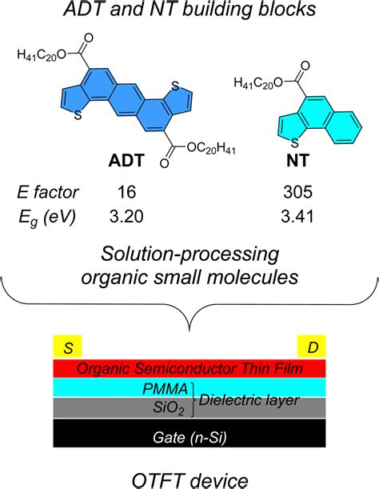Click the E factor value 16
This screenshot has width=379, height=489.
126,192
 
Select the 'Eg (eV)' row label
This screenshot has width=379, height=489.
49,215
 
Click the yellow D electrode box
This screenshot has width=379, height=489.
311,347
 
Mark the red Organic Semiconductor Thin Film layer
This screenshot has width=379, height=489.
189,369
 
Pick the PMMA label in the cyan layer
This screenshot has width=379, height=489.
170,389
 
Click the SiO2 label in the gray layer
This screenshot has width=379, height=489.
170,407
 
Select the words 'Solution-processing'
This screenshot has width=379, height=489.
189,255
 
